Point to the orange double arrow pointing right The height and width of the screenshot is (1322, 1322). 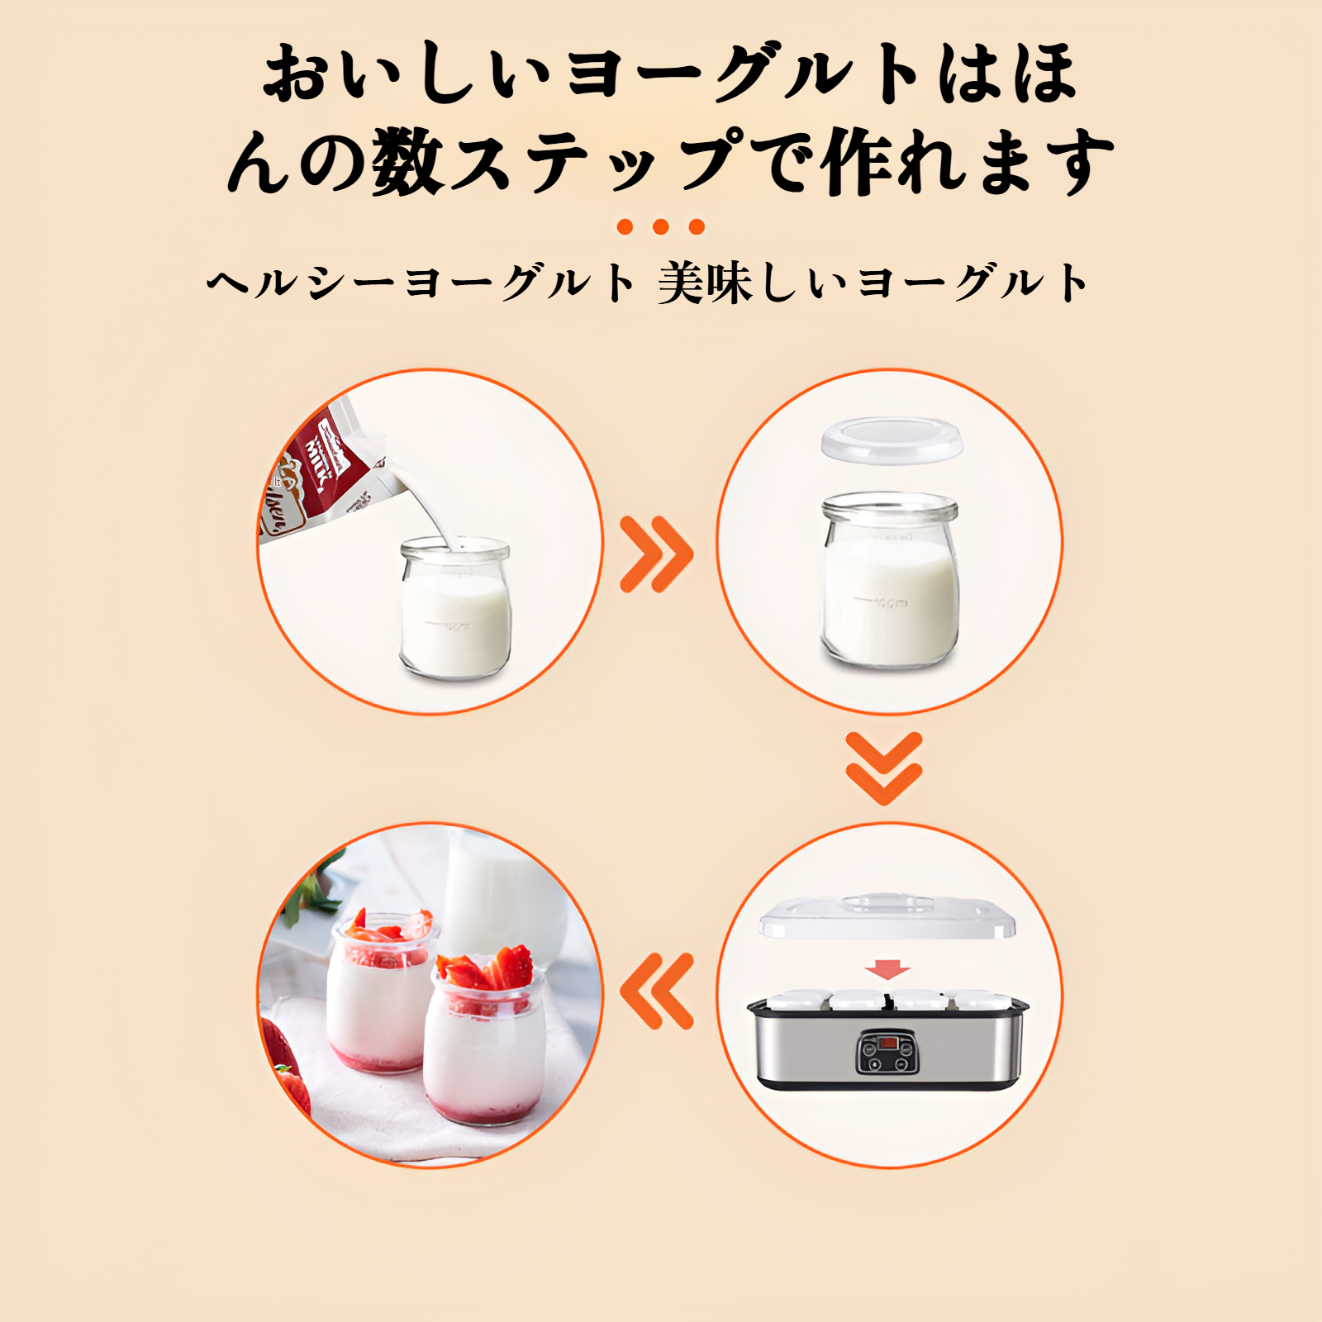[x=656, y=554]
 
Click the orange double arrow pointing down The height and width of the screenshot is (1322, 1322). [x=883, y=768]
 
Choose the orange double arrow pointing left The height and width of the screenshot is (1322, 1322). [x=658, y=991]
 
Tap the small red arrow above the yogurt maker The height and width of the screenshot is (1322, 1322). [x=887, y=969]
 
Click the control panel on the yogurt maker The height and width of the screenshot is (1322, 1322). [x=887, y=1052]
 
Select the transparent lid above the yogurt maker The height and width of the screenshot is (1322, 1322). [x=887, y=916]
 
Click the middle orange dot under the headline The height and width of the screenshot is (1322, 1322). [x=660, y=226]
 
